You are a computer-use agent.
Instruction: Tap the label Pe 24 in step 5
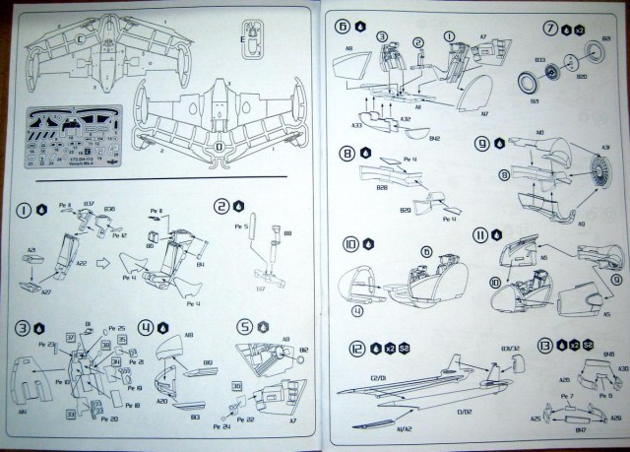tap(226, 427)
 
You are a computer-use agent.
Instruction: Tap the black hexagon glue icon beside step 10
tap(365, 241)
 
